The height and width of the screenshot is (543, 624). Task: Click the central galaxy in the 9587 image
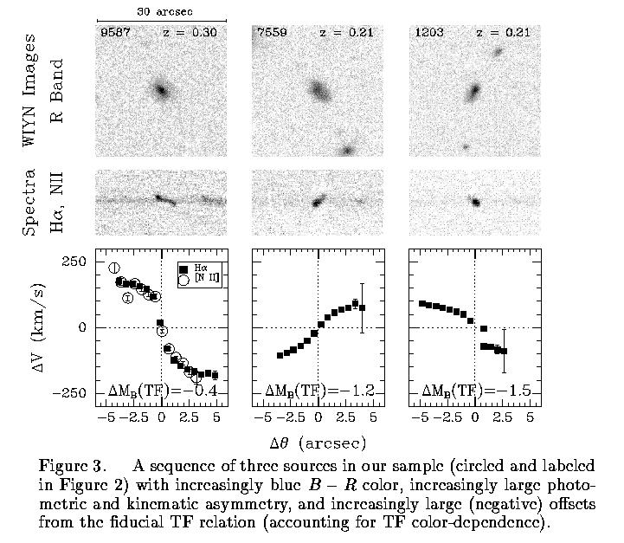(x=161, y=88)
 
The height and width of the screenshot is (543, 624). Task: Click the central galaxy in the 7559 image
(x=318, y=89)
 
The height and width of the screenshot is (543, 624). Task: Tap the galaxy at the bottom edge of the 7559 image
(x=349, y=149)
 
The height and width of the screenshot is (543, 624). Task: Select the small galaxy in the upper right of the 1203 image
(x=498, y=52)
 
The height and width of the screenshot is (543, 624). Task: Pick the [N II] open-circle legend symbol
(x=183, y=281)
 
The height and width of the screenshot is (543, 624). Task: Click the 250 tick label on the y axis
(x=74, y=262)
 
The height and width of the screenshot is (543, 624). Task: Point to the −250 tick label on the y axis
(x=68, y=393)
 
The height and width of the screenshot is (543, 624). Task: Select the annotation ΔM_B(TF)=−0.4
(x=162, y=391)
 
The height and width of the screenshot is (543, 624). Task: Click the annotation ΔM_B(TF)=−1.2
(x=319, y=391)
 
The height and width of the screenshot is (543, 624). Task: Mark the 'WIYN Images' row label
(x=30, y=90)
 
